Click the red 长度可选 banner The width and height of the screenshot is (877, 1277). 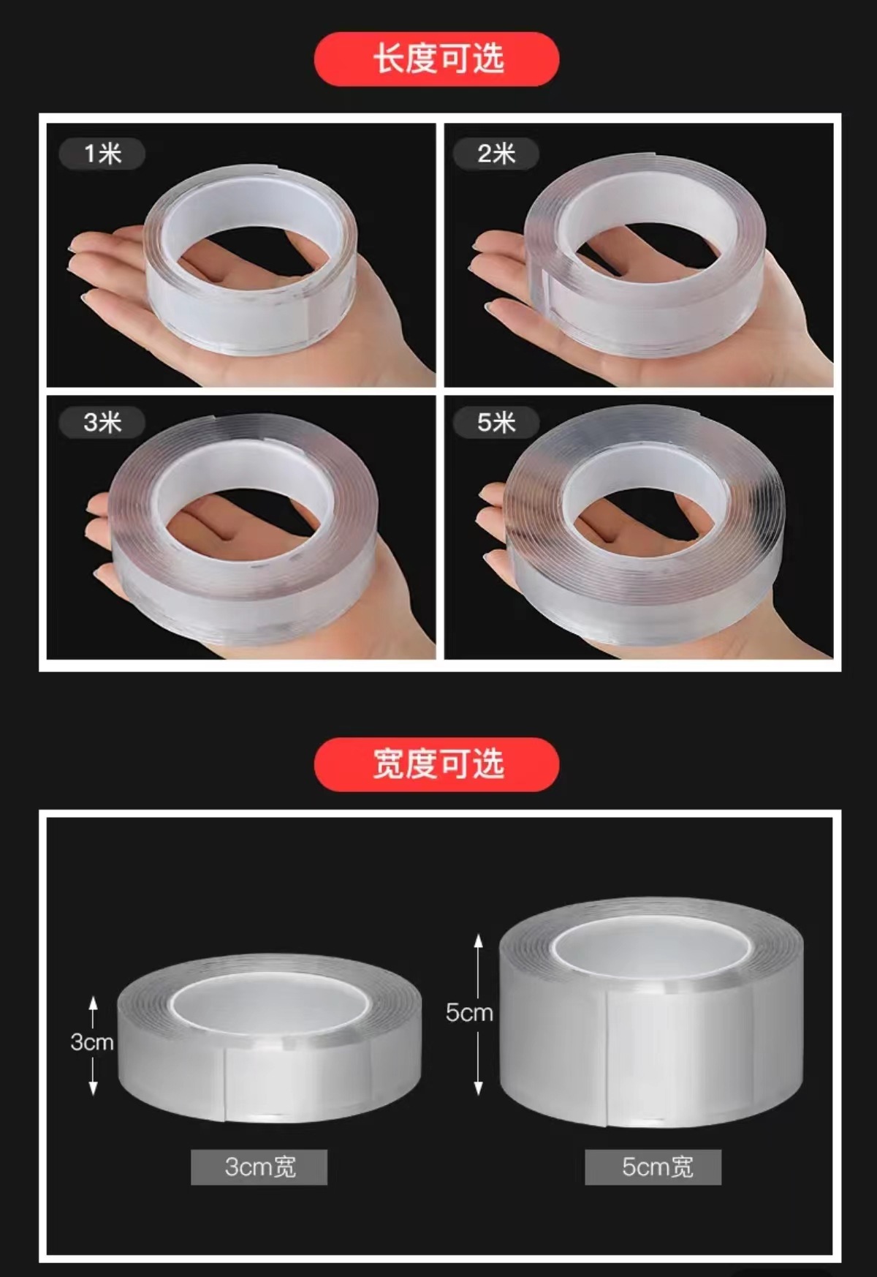pos(437,59)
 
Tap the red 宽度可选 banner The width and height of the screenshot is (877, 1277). pos(437,764)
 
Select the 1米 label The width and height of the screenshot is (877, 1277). pos(102,154)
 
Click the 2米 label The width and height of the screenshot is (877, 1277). pos(496,154)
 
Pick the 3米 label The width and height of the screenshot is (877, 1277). pos(102,422)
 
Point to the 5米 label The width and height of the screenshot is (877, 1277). pos(496,422)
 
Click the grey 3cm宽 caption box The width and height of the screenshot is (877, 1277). pos(259,1167)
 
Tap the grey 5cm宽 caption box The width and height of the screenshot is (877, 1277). pos(653,1167)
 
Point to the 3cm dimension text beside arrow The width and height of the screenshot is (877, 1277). pos(92,1041)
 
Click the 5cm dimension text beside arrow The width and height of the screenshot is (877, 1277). pos(469,1012)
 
